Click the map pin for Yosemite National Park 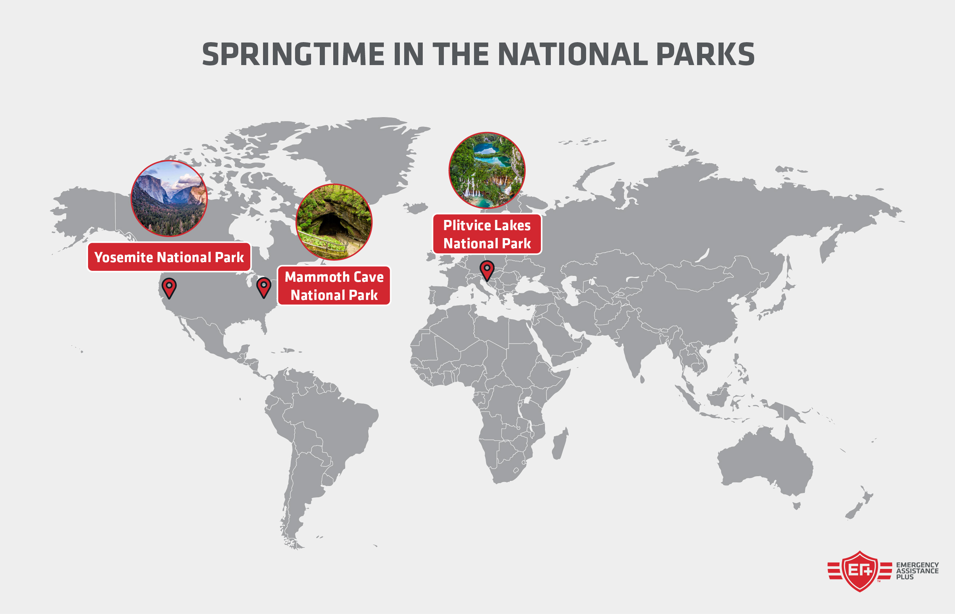point(169,288)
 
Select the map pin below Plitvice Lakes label point(487,270)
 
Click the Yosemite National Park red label point(169,257)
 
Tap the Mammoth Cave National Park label point(334,286)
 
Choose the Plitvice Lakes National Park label point(487,234)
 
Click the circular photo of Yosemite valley point(169,198)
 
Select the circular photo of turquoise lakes point(487,170)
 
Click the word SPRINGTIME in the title point(293,55)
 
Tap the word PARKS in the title point(705,55)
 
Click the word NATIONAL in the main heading point(572,55)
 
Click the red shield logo point(859,571)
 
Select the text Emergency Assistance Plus point(917,570)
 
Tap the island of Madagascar point(559,444)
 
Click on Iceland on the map point(416,208)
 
